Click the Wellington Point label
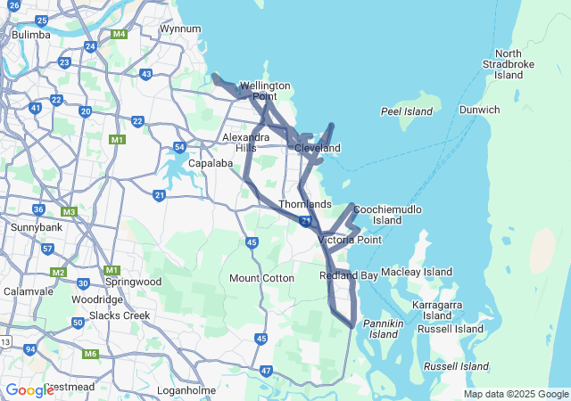(265, 91)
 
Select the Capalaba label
(211, 164)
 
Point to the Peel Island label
(406, 111)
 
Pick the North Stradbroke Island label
(509, 64)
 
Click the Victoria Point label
(350, 240)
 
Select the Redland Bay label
(349, 276)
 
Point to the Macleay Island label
(417, 272)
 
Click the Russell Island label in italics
(456, 366)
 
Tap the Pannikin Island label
(384, 328)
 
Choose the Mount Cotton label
(261, 278)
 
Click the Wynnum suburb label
(179, 29)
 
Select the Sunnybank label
(35, 227)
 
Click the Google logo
(30, 389)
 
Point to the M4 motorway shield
(119, 35)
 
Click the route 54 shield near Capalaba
(179, 147)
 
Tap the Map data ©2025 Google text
(516, 395)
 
